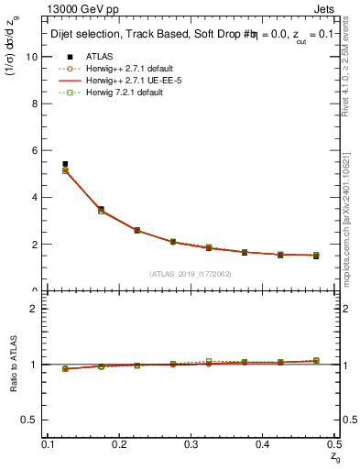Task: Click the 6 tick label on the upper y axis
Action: point(37,150)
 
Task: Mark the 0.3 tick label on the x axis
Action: point(191,443)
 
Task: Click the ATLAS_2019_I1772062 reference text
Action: point(191,274)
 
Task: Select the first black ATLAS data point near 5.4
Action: point(65,164)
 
